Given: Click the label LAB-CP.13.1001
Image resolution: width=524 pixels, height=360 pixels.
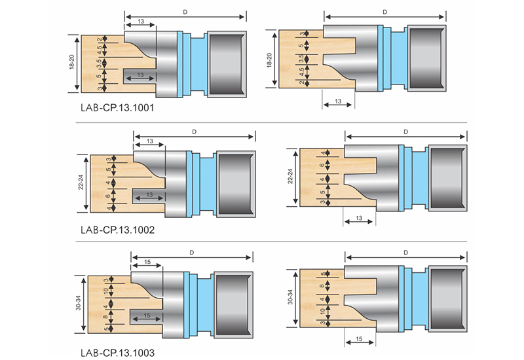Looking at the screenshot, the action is point(117,108).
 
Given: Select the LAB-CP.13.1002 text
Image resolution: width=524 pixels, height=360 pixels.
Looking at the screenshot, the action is point(118,230).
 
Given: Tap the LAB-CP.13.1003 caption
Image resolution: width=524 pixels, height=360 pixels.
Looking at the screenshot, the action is point(118,353).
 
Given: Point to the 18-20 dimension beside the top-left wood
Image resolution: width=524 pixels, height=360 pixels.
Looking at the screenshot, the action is point(72,62).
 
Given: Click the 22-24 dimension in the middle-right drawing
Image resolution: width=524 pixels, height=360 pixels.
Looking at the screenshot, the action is point(290,176).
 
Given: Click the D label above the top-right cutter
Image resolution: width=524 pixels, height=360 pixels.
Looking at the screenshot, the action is point(385,12).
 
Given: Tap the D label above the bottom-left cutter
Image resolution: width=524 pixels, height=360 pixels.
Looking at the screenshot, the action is point(192,253).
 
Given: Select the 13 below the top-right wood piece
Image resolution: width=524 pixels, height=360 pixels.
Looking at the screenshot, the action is point(338,101).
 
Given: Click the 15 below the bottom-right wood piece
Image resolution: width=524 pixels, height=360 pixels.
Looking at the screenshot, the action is point(359,339).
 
